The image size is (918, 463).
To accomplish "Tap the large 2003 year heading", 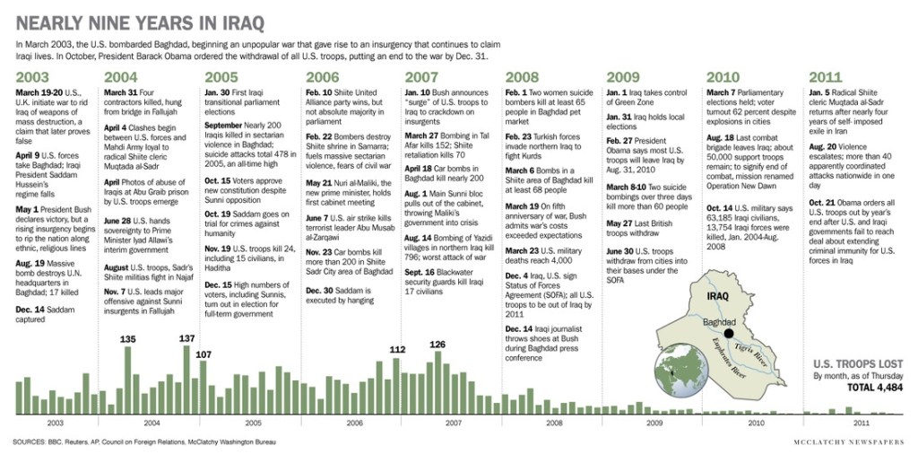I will pos(31,76).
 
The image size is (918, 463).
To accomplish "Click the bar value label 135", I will pos(127,339).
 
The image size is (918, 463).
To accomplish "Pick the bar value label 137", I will pos(186,338).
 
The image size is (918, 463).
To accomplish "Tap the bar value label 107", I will pos(203,354).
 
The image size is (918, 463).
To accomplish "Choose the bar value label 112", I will pos(398,350).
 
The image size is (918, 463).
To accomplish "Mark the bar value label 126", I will pos(437,344).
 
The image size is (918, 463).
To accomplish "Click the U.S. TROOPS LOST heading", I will pos(855,363).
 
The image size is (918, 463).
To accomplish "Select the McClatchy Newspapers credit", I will pos(849,442).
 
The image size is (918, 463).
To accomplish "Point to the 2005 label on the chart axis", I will pos(253,422).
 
